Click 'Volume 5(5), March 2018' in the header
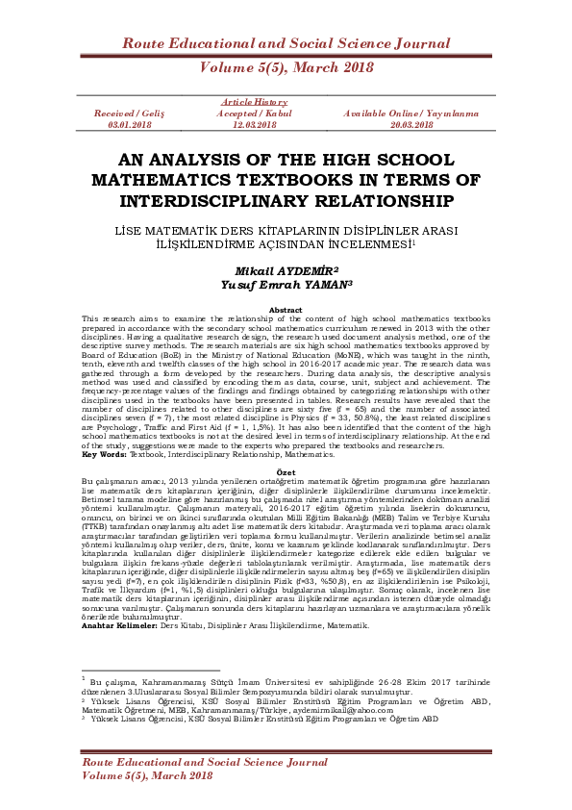(x=286, y=67)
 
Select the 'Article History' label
(x=255, y=102)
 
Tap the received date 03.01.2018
(x=129, y=125)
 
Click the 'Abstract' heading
(x=286, y=310)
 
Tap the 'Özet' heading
(x=286, y=473)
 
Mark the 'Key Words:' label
(x=103, y=453)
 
